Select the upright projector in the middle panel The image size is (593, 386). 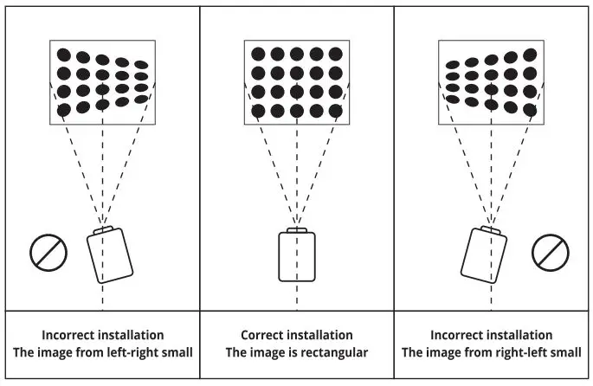[x=296, y=256]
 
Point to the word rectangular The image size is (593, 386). [x=333, y=352]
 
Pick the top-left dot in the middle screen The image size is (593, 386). [x=258, y=54]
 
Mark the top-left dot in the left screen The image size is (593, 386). [x=63, y=54]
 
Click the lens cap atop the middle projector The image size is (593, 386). [x=296, y=229]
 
